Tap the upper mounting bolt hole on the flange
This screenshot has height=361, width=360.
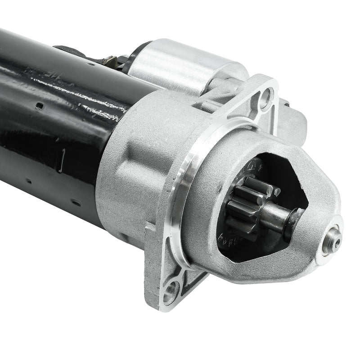point(266,95)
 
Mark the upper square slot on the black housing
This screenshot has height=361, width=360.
point(40,106)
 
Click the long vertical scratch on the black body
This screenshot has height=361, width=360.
point(63,157)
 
